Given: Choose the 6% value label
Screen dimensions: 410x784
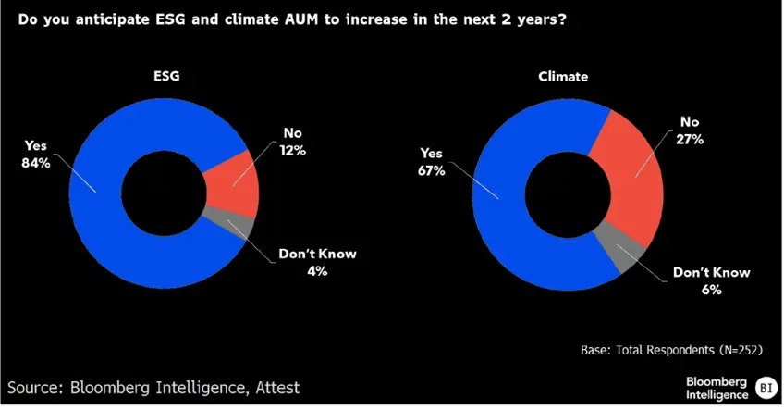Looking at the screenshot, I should click(711, 289).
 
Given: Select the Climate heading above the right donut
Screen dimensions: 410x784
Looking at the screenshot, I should click(563, 79).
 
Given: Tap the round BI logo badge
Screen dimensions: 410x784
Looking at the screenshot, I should click(766, 386).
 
